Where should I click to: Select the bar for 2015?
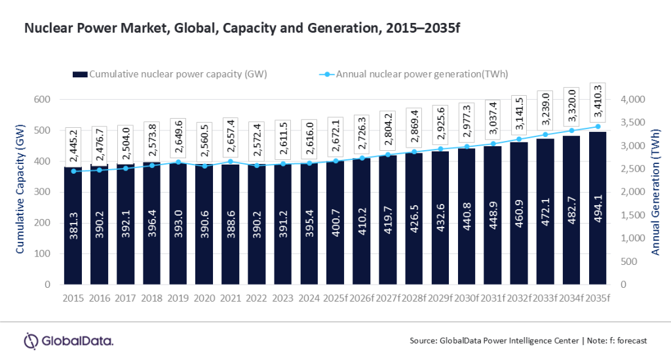coord(73,226)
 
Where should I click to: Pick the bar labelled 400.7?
coord(335,223)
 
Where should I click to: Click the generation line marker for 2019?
coord(178,162)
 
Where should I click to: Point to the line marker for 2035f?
coord(598,127)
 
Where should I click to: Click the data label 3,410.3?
coord(598,98)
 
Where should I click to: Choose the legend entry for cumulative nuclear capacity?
coord(170,74)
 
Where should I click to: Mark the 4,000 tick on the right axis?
coord(633,100)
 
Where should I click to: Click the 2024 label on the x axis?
coord(309,298)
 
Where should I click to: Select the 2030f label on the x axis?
coord(466,298)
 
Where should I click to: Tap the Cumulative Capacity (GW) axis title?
coord(22,191)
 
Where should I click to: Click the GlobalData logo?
coord(69,341)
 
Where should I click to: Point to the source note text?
coord(527,341)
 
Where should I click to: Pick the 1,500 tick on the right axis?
coord(633,215)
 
